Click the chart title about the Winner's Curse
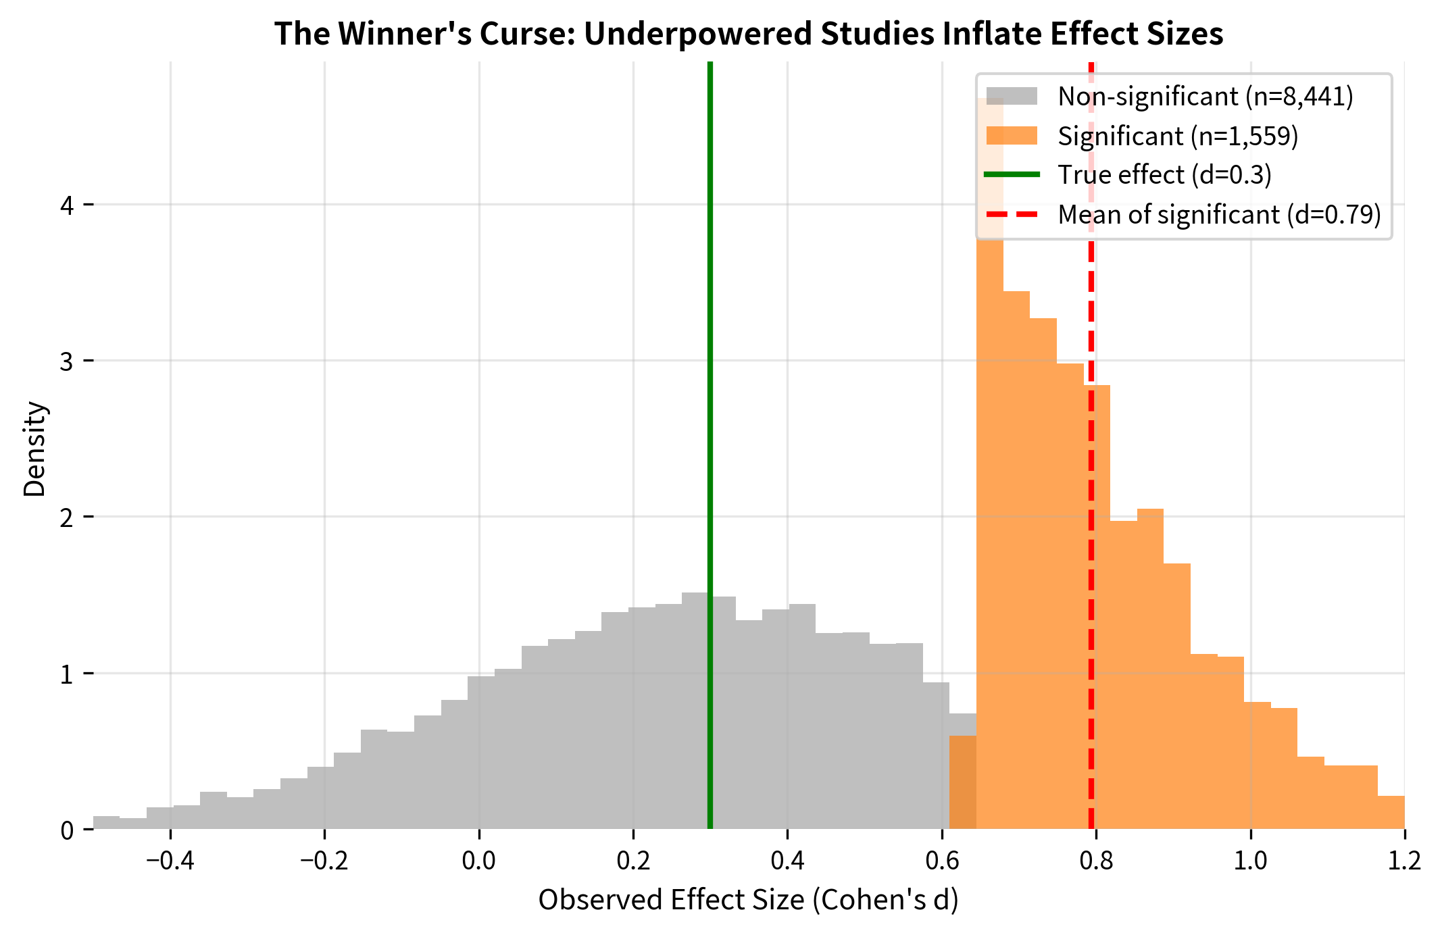tap(748, 34)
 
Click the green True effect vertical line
tap(710, 405)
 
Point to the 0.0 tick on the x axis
tap(478, 861)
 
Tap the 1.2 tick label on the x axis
tap(1404, 861)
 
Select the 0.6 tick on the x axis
tap(942, 861)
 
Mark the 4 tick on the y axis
tap(67, 205)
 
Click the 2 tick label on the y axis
tap(67, 517)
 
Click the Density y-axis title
tap(34, 449)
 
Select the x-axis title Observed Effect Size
tap(748, 900)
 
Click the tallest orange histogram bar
tap(990, 473)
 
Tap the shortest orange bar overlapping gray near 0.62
tap(963, 784)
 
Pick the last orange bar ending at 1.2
tap(1391, 813)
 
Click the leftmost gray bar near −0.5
tap(106, 823)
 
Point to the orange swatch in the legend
tap(1012, 136)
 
